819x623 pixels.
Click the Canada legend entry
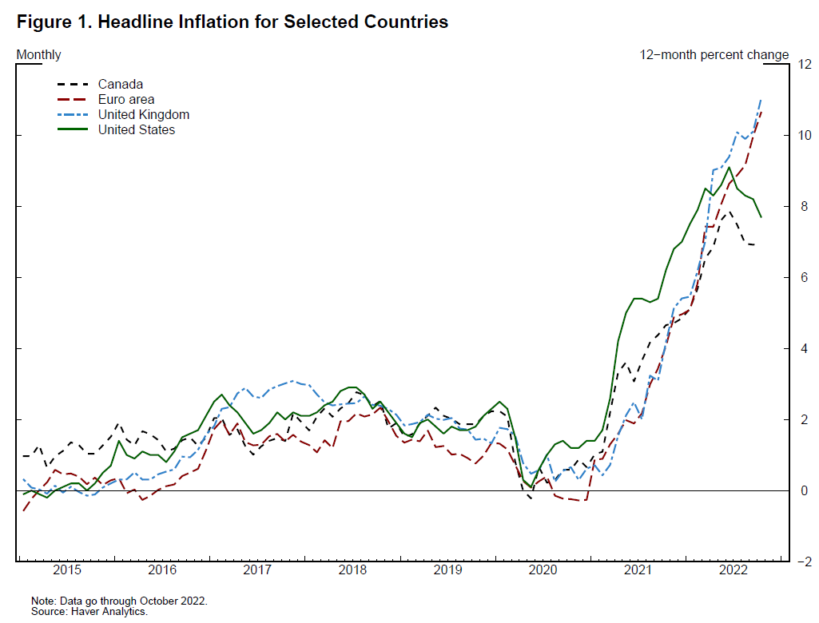click(120, 84)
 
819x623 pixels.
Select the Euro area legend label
click(126, 99)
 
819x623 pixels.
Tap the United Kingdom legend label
click(143, 114)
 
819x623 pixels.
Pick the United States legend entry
click(136, 129)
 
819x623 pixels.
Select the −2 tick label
click(801, 561)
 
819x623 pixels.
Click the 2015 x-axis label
click(67, 571)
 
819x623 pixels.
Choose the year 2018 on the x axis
click(352, 571)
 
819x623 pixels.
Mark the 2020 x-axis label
click(543, 571)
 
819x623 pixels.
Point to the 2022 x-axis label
click(733, 571)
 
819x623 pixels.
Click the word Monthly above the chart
click(38, 55)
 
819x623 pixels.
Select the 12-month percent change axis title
click(714, 55)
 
